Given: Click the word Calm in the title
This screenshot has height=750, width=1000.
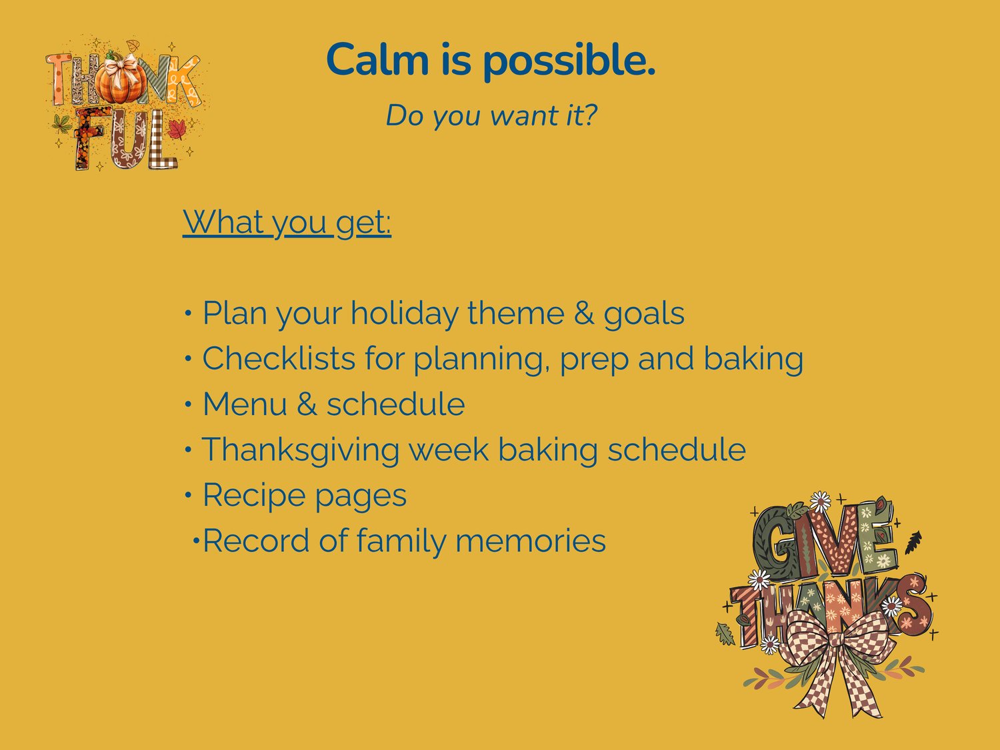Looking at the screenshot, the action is point(377,59).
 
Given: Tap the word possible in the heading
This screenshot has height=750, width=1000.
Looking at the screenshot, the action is point(569,62).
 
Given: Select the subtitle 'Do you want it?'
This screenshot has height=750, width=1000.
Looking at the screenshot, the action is point(491,115).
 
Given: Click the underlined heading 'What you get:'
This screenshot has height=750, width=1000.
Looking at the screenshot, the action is point(287,223).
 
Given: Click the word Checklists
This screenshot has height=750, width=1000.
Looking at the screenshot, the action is point(279,358).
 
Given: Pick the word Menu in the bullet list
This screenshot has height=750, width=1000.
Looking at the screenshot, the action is point(245,404).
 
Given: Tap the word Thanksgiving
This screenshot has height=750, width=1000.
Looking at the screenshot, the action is point(300,450).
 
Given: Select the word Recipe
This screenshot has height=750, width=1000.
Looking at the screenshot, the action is point(254,496).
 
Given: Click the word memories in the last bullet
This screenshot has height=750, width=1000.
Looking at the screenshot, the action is point(531,540).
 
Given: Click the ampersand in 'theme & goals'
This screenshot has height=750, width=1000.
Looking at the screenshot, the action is point(584,313).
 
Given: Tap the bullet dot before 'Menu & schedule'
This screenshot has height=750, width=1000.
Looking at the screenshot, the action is point(188,404).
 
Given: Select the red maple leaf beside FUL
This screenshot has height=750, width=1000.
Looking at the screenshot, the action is point(177,129).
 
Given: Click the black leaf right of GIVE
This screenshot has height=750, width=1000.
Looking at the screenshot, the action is point(913,542).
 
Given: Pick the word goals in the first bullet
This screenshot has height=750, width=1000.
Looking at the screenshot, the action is point(644,314).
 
